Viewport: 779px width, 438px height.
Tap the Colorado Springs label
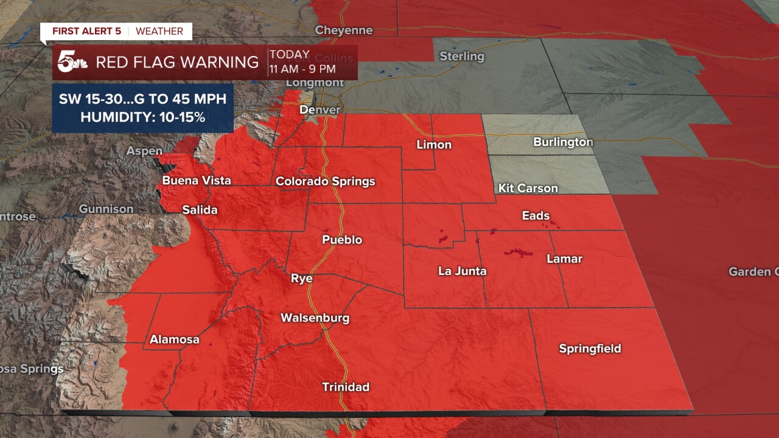325,181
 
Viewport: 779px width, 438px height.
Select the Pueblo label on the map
342,240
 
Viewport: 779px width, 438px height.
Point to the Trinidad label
345,387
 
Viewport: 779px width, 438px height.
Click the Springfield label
590,349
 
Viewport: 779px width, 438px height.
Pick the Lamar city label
564,259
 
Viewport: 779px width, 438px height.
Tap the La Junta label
462,271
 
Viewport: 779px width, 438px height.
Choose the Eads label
536,215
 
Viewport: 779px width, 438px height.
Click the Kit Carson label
528,188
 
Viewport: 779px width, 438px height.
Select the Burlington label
562,142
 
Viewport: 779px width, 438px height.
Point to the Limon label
434,145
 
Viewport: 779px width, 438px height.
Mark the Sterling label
462,57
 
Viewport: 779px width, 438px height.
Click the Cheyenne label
343,30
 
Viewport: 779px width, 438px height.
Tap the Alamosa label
174,339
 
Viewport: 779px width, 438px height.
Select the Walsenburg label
315,318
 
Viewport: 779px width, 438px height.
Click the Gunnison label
106,209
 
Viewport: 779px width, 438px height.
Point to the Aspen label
144,151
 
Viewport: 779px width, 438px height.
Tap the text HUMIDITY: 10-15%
142,117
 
